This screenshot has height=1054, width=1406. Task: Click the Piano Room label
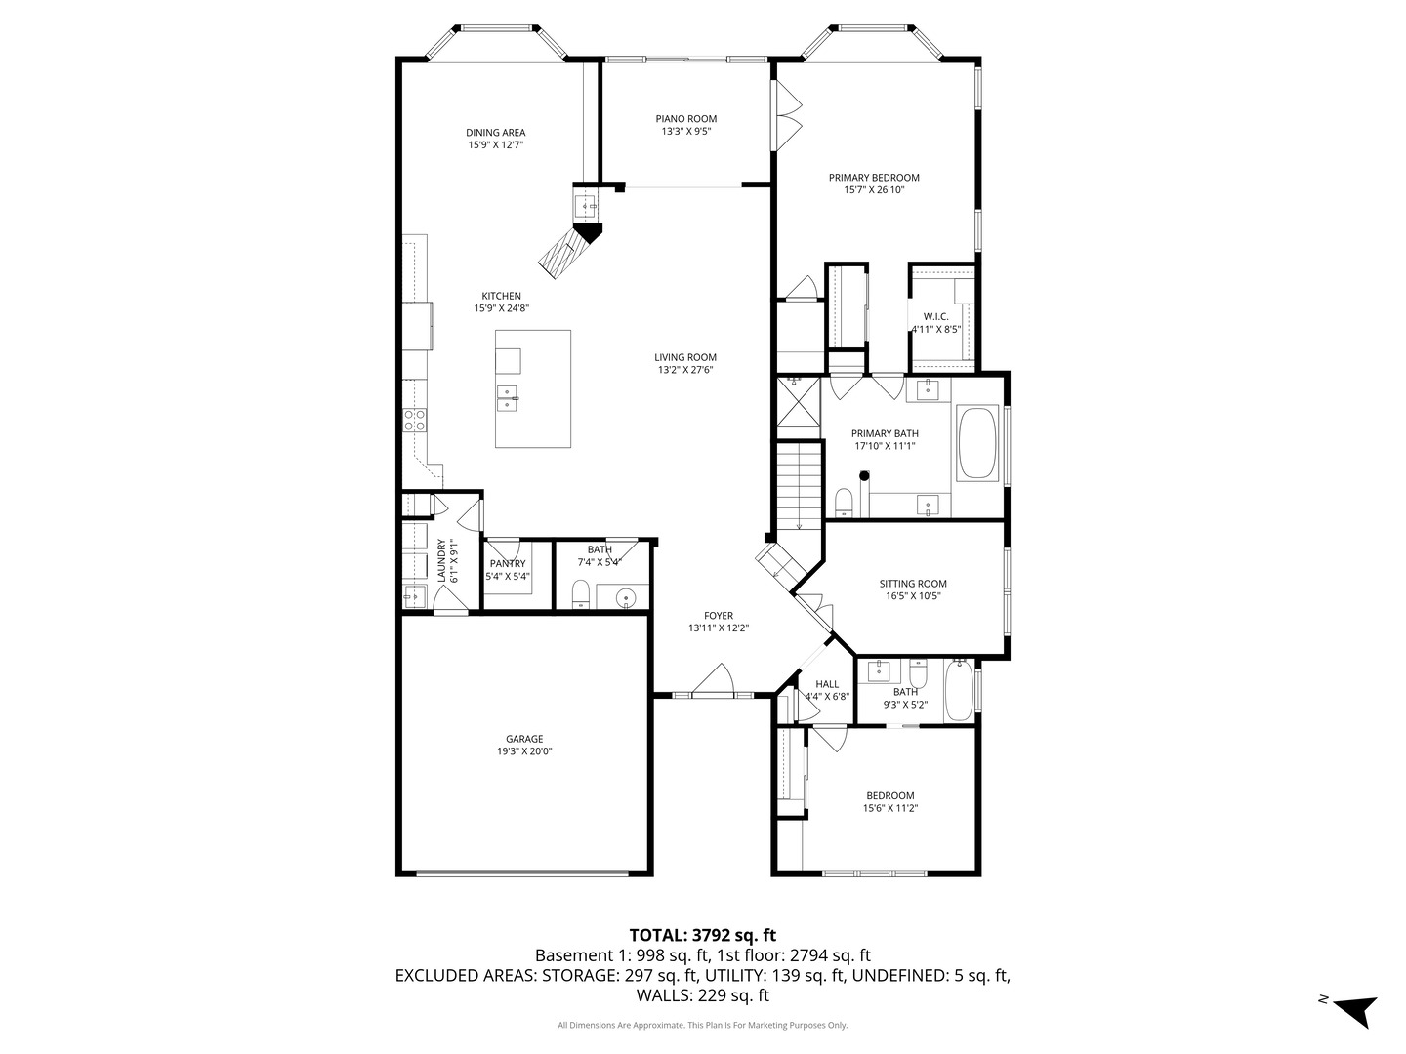pyautogui.click(x=685, y=119)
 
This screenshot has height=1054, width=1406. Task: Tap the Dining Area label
pyautogui.click(x=495, y=133)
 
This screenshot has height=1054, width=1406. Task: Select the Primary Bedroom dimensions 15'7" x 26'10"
pyautogui.click(x=874, y=191)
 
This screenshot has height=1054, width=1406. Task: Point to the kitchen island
pyautogui.click(x=532, y=388)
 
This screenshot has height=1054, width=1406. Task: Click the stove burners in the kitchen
pyautogui.click(x=414, y=420)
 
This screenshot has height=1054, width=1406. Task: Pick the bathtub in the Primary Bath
pyautogui.click(x=976, y=443)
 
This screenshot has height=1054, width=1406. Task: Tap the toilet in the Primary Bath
pyautogui.click(x=845, y=503)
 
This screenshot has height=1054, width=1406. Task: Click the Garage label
pyautogui.click(x=524, y=739)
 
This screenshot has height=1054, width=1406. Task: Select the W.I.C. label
pyautogui.click(x=935, y=316)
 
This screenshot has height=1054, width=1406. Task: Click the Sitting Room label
pyautogui.click(x=913, y=584)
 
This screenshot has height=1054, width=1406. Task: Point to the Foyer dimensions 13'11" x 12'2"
pyautogui.click(x=718, y=628)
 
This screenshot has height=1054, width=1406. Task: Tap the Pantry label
pyautogui.click(x=508, y=563)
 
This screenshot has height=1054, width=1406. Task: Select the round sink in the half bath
pyautogui.click(x=618, y=596)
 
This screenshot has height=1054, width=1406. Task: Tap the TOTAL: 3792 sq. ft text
pyautogui.click(x=702, y=935)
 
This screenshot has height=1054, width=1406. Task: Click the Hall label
pyautogui.click(x=827, y=684)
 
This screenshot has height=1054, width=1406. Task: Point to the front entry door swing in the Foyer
pyautogui.click(x=716, y=679)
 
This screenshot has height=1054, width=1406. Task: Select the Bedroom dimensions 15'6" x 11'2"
pyautogui.click(x=889, y=808)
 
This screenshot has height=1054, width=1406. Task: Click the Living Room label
pyautogui.click(x=685, y=357)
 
